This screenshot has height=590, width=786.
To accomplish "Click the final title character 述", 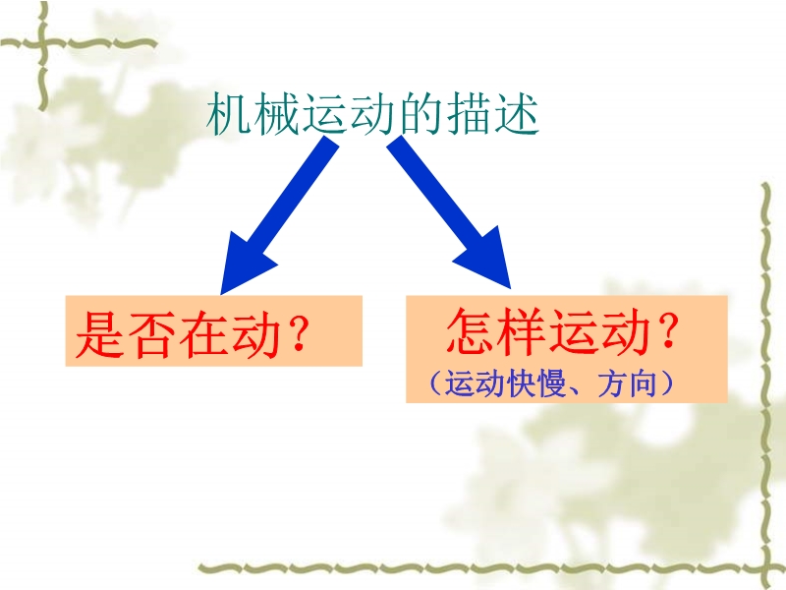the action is (517, 113).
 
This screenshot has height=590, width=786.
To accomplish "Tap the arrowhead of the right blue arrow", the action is (486, 261).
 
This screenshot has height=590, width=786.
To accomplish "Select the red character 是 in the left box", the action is (100, 334).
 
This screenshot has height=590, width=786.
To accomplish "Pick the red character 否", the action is (152, 334).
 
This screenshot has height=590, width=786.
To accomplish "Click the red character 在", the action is (203, 334).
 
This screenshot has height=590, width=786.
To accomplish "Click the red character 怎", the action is (471, 331).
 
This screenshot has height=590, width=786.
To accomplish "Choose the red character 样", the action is (522, 331).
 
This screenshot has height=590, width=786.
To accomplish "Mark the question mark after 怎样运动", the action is (668, 329).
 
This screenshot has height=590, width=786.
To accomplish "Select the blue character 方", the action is (611, 383).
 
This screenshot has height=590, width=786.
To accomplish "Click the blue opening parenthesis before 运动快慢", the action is (435, 383).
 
